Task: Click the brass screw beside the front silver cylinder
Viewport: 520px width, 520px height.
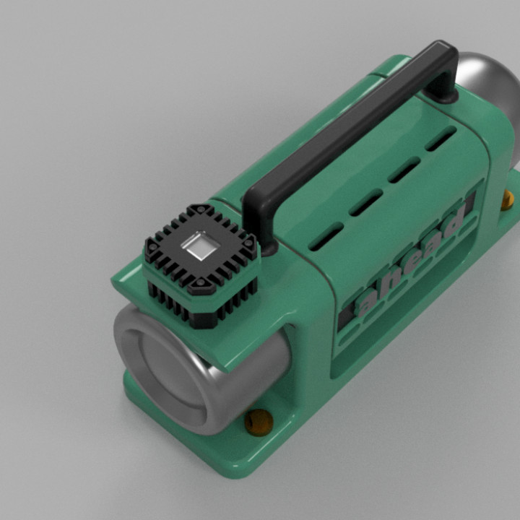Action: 259,422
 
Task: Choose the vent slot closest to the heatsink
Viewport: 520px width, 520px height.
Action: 326,235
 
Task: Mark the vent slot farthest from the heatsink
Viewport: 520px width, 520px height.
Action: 441,139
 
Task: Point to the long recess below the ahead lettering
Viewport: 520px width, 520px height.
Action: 404,303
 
